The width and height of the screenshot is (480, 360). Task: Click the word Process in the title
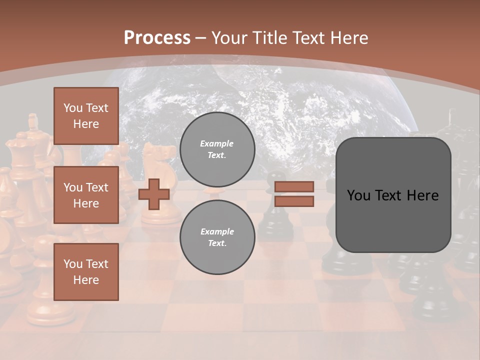[157, 37]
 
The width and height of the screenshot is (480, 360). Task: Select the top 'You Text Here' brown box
[86, 116]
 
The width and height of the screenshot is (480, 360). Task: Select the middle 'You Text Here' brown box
[86, 195]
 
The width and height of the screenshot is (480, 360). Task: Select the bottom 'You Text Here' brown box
[86, 272]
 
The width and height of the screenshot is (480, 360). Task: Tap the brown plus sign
[153, 194]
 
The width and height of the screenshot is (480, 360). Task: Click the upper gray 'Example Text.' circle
[217, 149]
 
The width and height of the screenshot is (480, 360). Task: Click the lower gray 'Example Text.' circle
[217, 237]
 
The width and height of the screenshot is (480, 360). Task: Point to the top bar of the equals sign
[294, 186]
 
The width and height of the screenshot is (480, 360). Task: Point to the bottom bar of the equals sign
[294, 201]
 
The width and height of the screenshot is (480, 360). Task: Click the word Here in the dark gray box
[422, 195]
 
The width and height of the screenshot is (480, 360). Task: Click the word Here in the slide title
[347, 37]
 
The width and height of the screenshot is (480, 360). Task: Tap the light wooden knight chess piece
[159, 165]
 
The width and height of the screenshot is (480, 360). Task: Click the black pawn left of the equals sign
[270, 210]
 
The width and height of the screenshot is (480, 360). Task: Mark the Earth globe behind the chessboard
[280, 100]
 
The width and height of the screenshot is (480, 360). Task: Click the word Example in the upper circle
[217, 143]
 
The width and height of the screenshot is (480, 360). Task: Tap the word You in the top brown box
[72, 108]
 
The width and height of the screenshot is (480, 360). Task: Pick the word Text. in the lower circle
[217, 243]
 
